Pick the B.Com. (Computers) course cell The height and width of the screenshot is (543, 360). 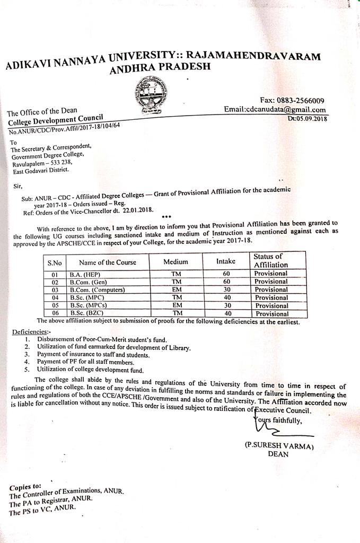click(x=97, y=290)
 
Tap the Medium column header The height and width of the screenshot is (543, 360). click(x=175, y=262)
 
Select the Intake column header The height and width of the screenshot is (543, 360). click(x=226, y=261)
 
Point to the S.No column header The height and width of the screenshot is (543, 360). click(x=55, y=262)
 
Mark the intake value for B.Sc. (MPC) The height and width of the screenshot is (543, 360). click(x=226, y=298)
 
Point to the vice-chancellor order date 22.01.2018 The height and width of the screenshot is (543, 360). click(x=134, y=209)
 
